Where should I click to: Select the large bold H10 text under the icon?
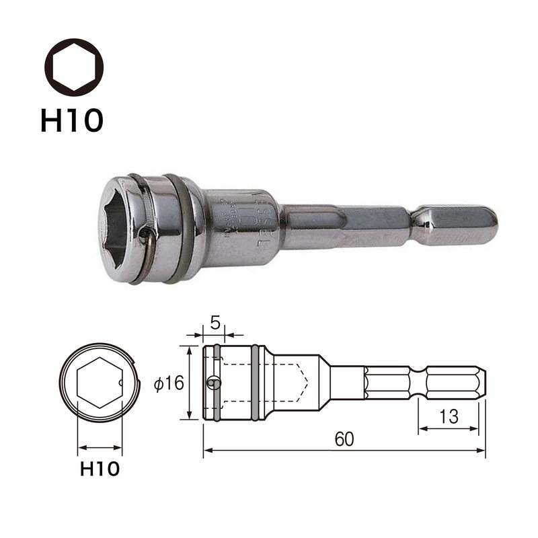(72, 120)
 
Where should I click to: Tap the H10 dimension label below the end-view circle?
(100, 468)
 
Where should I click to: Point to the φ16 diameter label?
(168, 383)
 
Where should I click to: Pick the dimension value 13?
(449, 416)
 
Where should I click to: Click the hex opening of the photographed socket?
(120, 229)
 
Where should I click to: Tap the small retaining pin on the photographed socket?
(145, 233)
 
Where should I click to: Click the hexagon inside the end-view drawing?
(100, 383)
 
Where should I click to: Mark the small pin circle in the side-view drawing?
(213, 383)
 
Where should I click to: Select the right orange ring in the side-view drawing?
(256, 383)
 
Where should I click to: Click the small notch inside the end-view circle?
(120, 383)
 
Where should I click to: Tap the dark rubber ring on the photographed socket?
(184, 229)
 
